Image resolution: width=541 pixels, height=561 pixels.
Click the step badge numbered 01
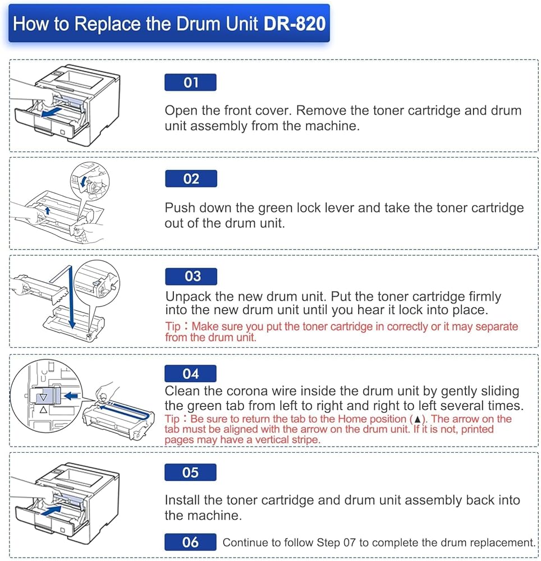[x=190, y=82]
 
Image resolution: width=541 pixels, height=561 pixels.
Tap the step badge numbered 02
[x=191, y=178]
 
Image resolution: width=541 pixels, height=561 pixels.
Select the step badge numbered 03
[x=191, y=276]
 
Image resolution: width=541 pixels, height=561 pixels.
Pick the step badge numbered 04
[x=190, y=374]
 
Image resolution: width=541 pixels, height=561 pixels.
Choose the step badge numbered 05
[x=190, y=472]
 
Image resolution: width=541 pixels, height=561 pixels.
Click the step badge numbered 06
[x=190, y=542]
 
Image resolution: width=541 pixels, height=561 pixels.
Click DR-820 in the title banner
[x=295, y=24]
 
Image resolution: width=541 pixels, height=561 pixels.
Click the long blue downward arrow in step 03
[x=72, y=297]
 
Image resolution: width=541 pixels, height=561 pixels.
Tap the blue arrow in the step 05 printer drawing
[x=52, y=510]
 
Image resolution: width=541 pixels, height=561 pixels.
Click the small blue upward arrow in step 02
[x=47, y=210]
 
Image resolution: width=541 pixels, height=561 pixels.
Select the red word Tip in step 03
[x=173, y=327]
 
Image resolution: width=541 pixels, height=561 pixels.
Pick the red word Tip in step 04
[x=172, y=419]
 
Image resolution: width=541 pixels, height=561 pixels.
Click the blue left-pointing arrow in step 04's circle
[x=71, y=396]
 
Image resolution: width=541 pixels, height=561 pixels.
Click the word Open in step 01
[x=181, y=111]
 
